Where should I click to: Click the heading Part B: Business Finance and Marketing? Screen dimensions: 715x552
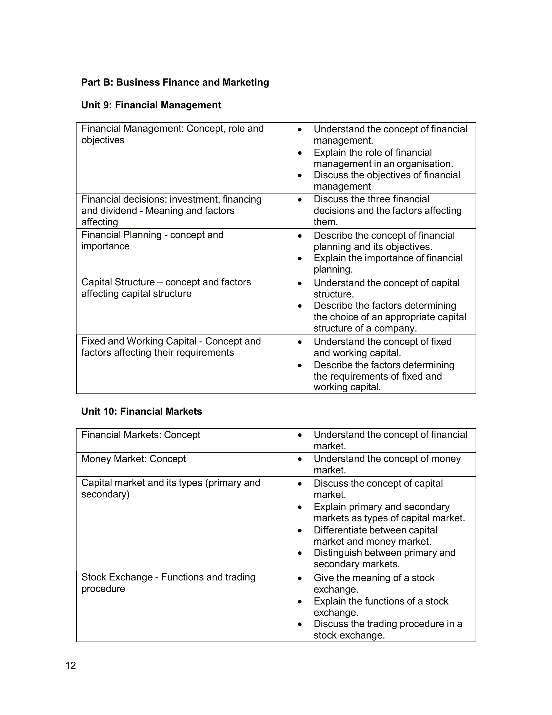[175, 82]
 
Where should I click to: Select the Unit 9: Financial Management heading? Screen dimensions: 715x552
[151, 105]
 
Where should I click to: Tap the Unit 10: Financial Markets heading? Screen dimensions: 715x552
[142, 411]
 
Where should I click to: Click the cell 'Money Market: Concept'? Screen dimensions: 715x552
[133, 459]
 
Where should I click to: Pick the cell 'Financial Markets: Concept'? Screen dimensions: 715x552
[141, 435]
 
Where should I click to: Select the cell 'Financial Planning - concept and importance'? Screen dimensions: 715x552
[152, 241]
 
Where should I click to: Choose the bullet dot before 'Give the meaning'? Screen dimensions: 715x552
[300, 578]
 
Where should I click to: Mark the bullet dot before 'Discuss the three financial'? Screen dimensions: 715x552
[300, 200]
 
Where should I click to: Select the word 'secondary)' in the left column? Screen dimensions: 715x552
[105, 494]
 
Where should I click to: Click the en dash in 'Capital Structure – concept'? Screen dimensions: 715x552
[160, 282]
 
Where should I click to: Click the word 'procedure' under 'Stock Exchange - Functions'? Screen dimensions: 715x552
[103, 589]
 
